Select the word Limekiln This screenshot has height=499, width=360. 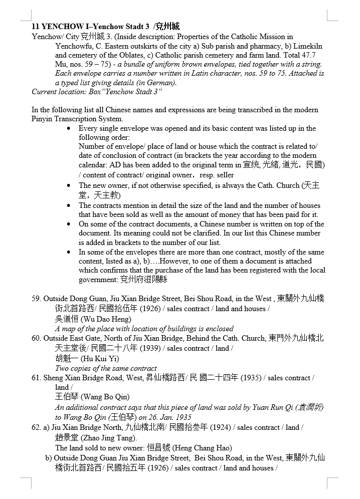308,46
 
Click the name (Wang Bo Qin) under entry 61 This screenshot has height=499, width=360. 105,397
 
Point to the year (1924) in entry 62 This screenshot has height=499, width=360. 221,427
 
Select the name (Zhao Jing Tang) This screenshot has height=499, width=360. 108,437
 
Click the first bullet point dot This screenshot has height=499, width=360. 69,128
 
